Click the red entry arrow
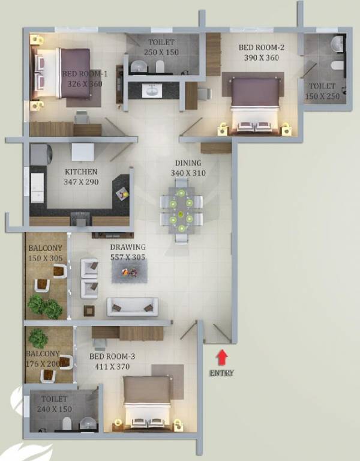click(222, 357)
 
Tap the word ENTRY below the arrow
click(222, 373)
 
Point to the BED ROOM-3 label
click(112, 357)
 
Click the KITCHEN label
click(81, 172)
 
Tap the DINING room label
click(187, 163)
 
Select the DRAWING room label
click(127, 247)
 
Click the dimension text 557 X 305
click(127, 257)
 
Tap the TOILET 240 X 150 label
click(56, 404)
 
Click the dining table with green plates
click(181, 211)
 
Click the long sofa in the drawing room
click(133, 307)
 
